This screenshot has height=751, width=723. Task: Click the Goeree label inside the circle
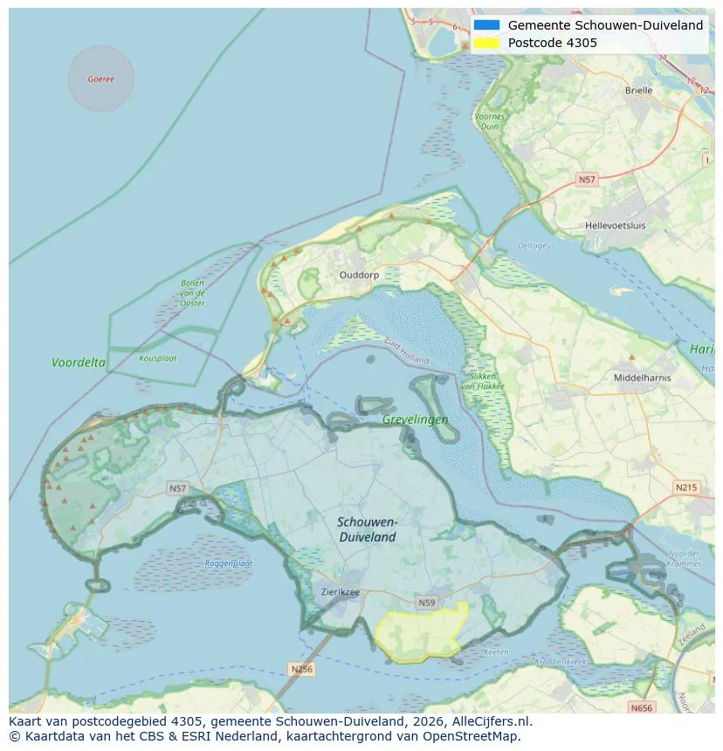[x=101, y=79]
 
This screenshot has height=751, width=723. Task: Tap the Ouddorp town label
[x=359, y=274]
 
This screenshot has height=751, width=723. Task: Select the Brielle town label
[x=638, y=90]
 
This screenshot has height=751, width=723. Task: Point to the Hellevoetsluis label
[x=616, y=225]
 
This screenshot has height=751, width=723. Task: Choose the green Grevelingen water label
[x=415, y=420]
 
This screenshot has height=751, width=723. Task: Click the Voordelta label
[x=79, y=362]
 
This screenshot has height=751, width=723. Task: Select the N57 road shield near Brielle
[x=587, y=180]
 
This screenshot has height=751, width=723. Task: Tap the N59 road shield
[x=427, y=602]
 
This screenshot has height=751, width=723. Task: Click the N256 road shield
[x=300, y=669]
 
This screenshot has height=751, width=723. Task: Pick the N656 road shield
[x=641, y=708]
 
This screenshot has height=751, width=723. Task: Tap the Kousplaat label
[x=157, y=358]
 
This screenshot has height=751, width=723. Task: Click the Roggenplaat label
[x=229, y=563]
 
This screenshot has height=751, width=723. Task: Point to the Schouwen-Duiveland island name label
[x=368, y=529]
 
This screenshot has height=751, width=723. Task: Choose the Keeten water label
[x=496, y=652]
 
